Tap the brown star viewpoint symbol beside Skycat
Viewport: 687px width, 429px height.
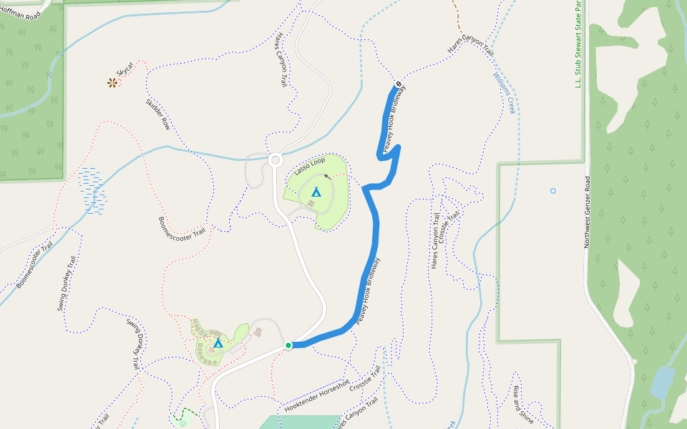coord(112,83)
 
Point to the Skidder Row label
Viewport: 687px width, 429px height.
coord(157,114)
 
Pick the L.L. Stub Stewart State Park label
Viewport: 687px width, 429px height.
coord(578,43)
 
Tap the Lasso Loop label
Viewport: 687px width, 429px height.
coord(309,167)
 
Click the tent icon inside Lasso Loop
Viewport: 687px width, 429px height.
coord(316,192)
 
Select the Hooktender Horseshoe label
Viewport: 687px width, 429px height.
coord(316,395)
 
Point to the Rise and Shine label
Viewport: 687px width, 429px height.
coord(522,405)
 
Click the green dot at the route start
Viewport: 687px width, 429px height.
coord(288,346)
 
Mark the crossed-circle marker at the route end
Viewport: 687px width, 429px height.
coord(398,84)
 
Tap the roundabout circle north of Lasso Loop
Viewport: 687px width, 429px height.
coord(275,159)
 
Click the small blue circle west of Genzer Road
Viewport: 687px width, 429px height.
coord(552,191)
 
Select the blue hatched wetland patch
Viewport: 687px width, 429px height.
coord(92,190)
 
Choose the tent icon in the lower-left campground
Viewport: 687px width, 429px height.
coord(218,343)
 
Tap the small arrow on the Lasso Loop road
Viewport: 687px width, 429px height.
coord(327,175)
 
